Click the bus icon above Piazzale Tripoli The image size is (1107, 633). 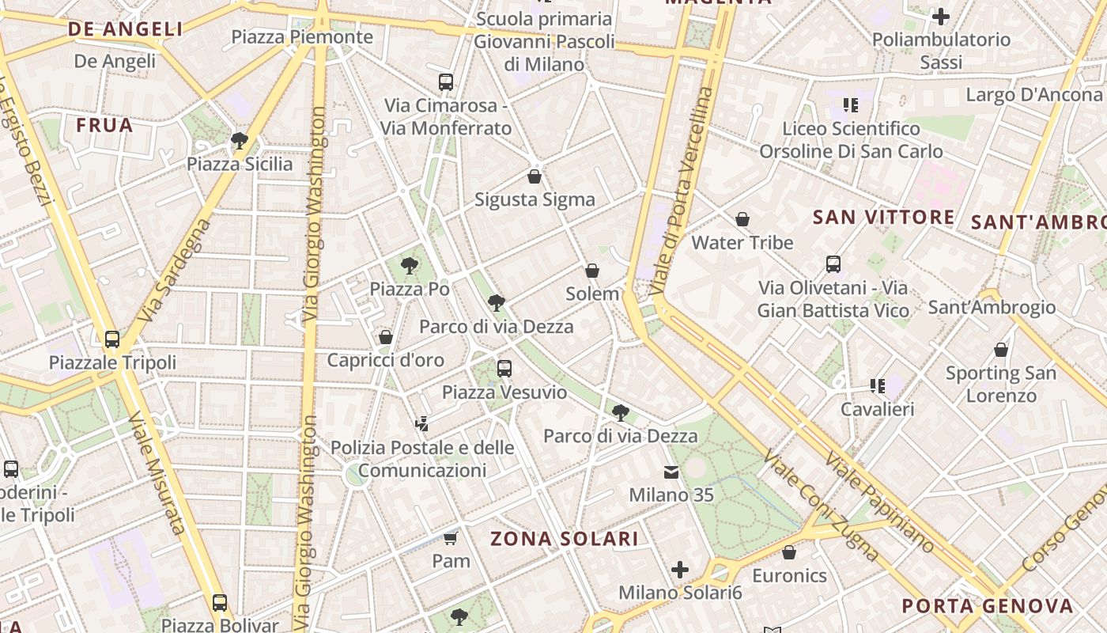click(x=112, y=339)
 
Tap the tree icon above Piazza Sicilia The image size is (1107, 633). click(x=240, y=142)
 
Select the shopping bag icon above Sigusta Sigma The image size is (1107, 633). click(x=535, y=176)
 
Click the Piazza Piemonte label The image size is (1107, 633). click(x=302, y=37)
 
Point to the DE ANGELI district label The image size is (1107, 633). click(x=126, y=29)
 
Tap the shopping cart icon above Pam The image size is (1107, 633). click(x=451, y=538)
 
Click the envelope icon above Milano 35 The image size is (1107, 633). click(x=671, y=472)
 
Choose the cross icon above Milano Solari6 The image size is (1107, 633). click(x=680, y=570)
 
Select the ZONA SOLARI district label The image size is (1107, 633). click(x=565, y=539)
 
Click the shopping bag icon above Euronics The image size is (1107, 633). click(x=789, y=552)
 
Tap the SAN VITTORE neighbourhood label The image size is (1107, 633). click(x=884, y=217)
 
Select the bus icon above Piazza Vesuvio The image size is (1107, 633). click(x=504, y=368)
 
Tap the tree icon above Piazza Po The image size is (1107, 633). click(x=410, y=265)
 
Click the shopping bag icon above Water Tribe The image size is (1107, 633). click(x=742, y=219)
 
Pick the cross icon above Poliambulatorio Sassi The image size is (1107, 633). click(x=941, y=16)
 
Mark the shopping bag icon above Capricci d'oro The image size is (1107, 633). click(x=386, y=337)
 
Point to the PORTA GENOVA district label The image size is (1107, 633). click(x=988, y=606)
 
